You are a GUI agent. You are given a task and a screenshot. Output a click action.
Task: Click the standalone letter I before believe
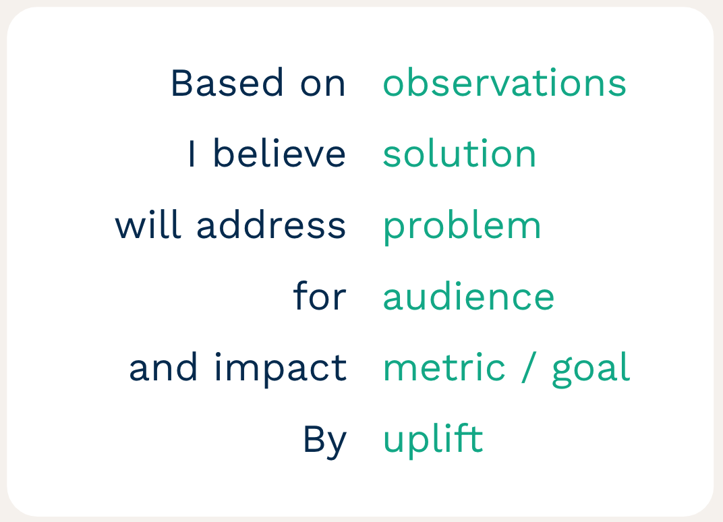point(192,154)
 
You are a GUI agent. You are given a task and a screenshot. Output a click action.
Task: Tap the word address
point(271,225)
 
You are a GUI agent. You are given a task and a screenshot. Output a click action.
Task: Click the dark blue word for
point(320,295)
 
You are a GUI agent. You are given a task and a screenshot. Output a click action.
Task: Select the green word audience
point(469,295)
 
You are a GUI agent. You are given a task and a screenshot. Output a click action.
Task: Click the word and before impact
point(163,367)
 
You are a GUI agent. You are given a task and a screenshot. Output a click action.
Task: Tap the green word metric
point(444,367)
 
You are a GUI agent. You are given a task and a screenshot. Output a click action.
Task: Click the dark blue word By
point(324,441)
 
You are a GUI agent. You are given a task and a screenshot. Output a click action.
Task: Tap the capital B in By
point(314,438)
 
